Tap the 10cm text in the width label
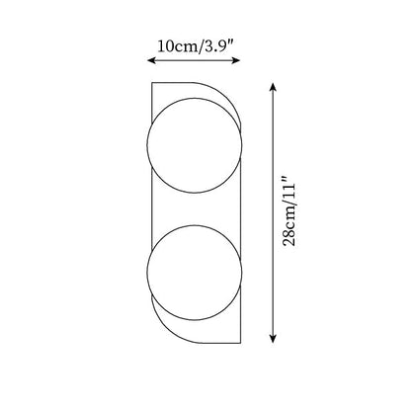178,46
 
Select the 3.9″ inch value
219,46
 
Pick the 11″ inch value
289,189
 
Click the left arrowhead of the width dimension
150,60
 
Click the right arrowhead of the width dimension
237,60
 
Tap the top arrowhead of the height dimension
273,87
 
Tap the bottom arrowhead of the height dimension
273,339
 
